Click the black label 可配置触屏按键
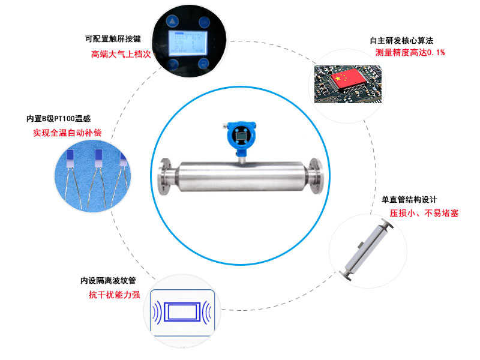coord(113,39)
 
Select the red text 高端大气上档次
coord(121,54)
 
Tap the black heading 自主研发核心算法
coord(401,40)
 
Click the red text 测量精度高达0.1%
coord(410,52)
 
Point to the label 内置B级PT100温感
coord(58,118)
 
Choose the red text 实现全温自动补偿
coord(67,133)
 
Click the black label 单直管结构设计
coord(409,200)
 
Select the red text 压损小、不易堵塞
coord(424,213)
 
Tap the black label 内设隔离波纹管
coord(108,280)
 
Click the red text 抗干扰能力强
coord(115,295)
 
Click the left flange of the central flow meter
coord(164,176)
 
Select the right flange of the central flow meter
coord(316,176)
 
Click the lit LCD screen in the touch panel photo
coord(188,43)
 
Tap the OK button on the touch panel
coord(204,22)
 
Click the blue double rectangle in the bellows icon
coord(182,312)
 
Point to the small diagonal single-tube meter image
coord(366,250)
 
